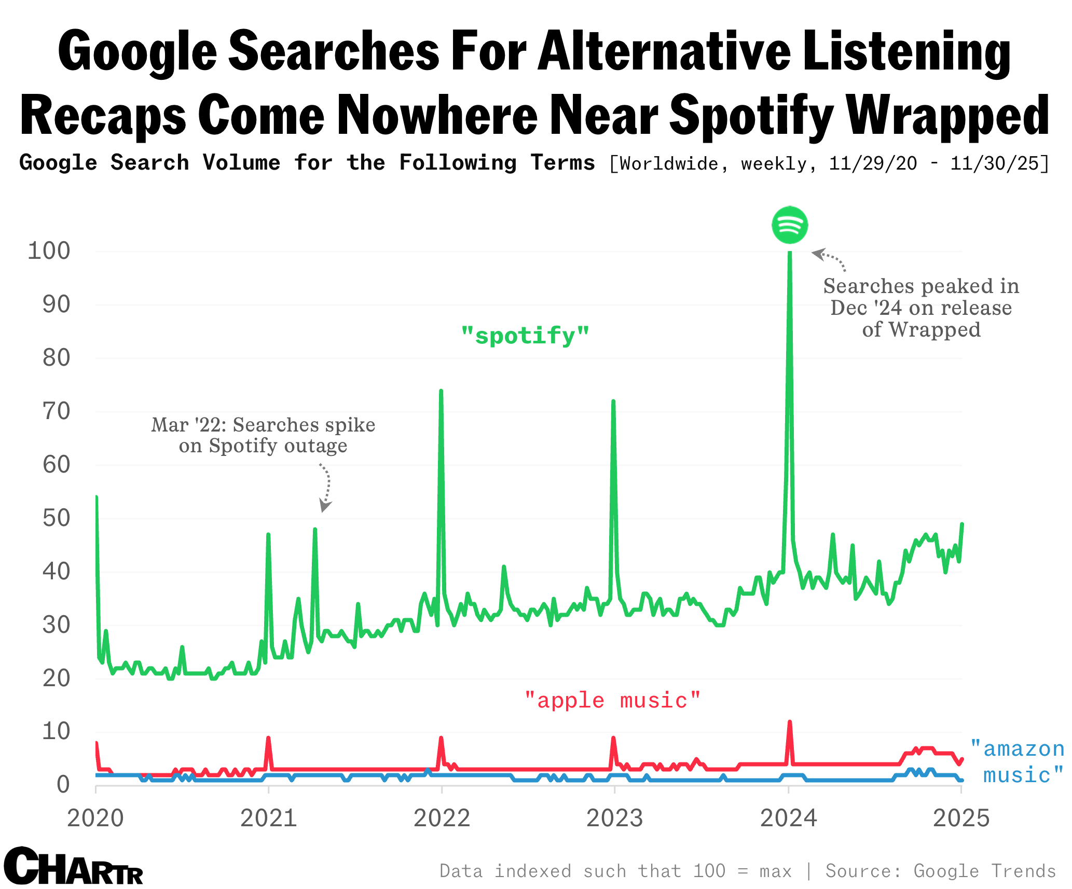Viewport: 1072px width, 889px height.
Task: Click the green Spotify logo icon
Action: click(x=790, y=225)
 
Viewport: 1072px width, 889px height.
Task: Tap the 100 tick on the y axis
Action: click(x=49, y=251)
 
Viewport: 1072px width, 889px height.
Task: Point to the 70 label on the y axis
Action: click(x=56, y=412)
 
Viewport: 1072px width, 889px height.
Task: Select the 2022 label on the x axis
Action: click(x=442, y=818)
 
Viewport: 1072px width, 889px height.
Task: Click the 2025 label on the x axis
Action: click(x=961, y=818)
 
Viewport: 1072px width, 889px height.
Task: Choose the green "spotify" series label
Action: click(x=525, y=336)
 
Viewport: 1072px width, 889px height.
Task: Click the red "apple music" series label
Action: click(x=613, y=701)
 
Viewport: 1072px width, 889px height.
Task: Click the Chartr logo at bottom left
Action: click(x=73, y=867)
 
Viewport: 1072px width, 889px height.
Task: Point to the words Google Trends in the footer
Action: click(x=985, y=871)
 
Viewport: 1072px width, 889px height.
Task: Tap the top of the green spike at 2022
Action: click(x=441, y=391)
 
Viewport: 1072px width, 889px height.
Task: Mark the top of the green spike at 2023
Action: click(x=613, y=401)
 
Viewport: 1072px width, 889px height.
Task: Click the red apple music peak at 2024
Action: click(x=790, y=723)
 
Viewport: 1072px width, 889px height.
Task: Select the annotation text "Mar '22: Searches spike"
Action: click(x=263, y=425)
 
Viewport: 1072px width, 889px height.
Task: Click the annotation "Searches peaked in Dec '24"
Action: click(x=921, y=297)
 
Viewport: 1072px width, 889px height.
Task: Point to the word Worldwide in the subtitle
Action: click(x=669, y=164)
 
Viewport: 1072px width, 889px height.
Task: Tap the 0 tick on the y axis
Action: click(x=63, y=785)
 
